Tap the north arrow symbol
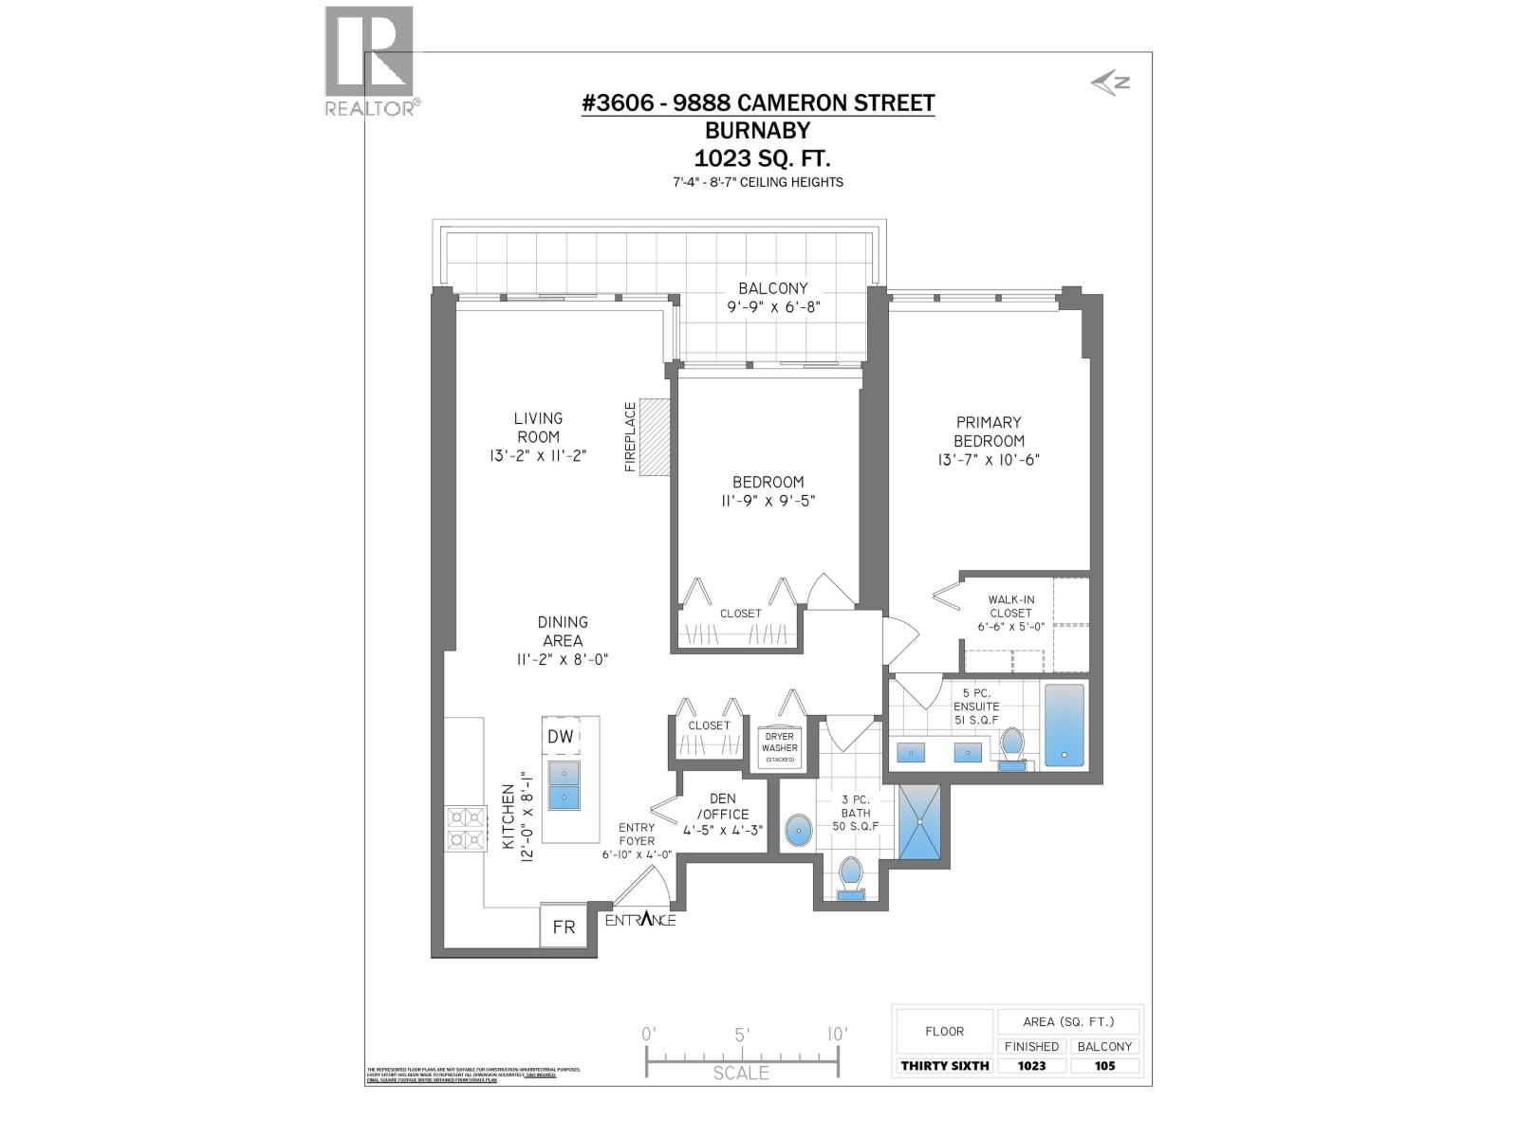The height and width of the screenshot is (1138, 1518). tap(1110, 83)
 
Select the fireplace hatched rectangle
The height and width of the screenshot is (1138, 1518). tap(654, 436)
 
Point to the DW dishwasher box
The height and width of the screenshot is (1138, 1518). tap(561, 737)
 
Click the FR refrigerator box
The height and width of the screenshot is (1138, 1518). tap(564, 927)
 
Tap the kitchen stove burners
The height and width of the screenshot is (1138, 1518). tap(466, 828)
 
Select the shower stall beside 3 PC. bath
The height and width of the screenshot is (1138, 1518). tap(919, 822)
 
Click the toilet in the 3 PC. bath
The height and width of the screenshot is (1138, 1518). tap(851, 873)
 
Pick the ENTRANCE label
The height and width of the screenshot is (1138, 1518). tap(640, 920)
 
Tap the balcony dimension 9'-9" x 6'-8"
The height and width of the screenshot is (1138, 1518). tap(773, 307)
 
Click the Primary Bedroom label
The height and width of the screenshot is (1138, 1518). tap(989, 431)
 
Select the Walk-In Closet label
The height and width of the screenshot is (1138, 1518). tap(1010, 606)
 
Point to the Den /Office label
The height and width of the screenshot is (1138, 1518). tap(723, 807)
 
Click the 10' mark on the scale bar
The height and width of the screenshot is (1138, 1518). tap(836, 1035)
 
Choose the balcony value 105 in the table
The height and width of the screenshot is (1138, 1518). tap(1104, 1065)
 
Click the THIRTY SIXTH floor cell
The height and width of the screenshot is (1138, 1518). tap(944, 1065)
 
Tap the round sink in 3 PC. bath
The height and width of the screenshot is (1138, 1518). tap(800, 831)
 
